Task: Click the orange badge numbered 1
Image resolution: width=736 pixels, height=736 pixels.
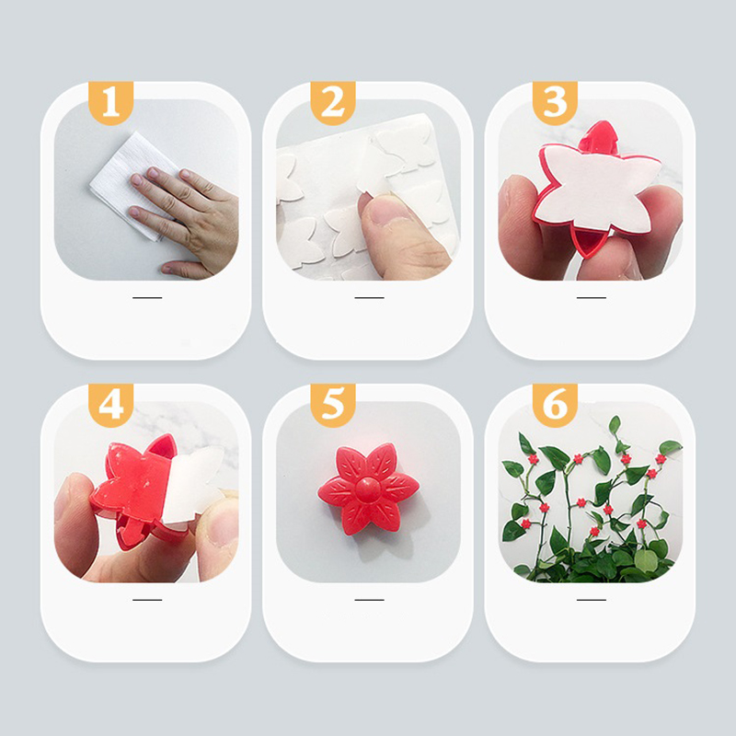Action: point(110,103)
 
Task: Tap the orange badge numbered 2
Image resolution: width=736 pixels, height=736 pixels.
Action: point(333,103)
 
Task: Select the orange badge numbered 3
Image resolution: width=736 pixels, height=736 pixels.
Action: point(555,103)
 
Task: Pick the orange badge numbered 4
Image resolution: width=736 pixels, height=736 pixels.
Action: point(110,405)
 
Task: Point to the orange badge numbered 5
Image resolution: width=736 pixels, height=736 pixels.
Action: point(333,405)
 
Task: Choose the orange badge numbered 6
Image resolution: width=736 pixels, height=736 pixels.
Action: point(555,405)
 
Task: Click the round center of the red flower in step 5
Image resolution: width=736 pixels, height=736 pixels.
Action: point(367,489)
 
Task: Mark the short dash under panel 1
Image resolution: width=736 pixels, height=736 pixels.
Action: point(147,297)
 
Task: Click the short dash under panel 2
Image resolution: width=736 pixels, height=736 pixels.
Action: point(369,297)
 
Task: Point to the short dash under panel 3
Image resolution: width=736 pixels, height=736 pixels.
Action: point(591,297)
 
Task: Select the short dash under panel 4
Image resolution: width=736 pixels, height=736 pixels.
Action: point(147,600)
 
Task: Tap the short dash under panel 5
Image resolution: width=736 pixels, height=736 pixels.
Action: point(369,600)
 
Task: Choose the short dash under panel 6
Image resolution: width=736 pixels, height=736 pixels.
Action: point(591,600)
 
